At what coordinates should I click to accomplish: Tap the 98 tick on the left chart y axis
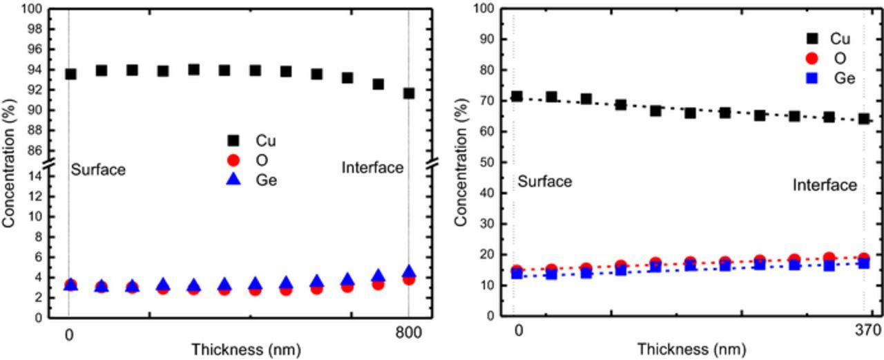tap(33, 30)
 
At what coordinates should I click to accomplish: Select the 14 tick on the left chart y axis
tap(33, 176)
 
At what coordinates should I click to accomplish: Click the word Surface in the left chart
tap(98, 169)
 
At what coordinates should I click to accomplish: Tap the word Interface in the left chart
tap(372, 168)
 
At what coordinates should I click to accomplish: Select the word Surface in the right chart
tap(545, 182)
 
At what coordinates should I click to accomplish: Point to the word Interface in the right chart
tap(825, 185)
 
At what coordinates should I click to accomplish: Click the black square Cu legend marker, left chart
tap(233, 142)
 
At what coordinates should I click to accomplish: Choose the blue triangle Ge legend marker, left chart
tap(233, 180)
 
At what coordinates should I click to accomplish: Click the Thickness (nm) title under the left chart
tap(246, 350)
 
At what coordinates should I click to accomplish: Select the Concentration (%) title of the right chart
tap(460, 162)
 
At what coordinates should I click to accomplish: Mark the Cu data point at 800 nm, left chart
tap(409, 93)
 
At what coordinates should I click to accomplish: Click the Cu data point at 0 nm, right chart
tap(516, 97)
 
